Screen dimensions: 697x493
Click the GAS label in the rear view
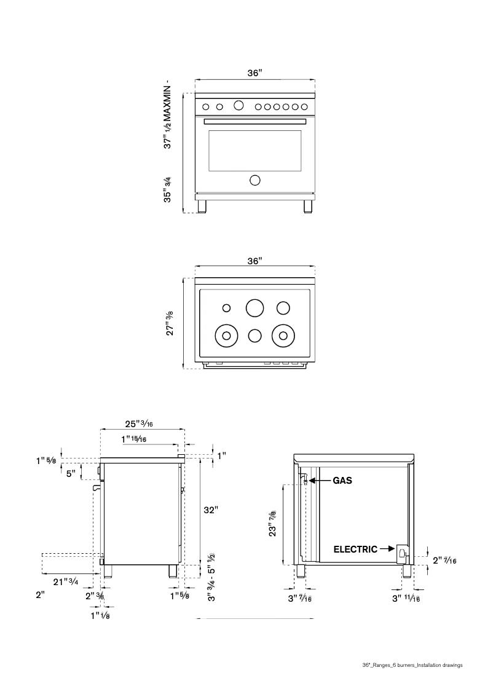click(342, 481)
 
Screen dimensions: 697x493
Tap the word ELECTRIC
click(355, 549)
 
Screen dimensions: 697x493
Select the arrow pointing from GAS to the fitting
click(321, 481)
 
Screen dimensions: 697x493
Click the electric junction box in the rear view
click(402, 553)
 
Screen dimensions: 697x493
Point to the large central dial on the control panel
click(238, 106)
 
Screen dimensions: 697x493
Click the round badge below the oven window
click(254, 180)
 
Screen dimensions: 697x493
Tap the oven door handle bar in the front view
click(254, 122)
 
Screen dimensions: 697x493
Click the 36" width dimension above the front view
click(254, 73)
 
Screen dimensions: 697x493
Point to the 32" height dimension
click(211, 510)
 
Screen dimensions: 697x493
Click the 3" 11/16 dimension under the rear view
click(406, 598)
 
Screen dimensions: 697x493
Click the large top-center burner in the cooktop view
click(254, 307)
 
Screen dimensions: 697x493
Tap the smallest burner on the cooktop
click(226, 308)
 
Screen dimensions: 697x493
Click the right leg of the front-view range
click(307, 205)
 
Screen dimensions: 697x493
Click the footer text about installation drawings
click(412, 665)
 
